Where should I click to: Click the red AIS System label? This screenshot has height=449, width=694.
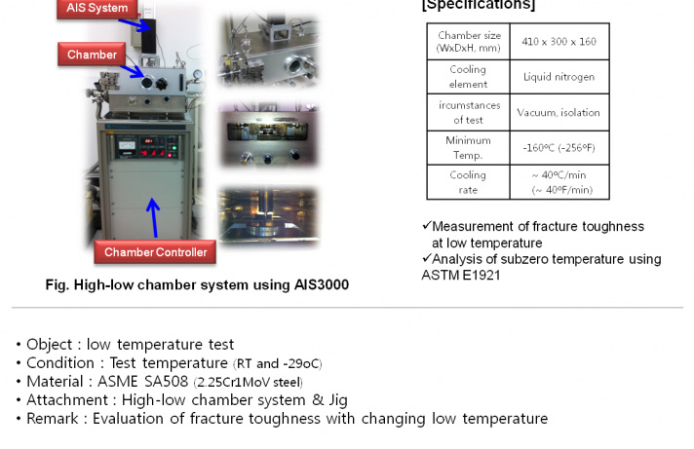point(96,9)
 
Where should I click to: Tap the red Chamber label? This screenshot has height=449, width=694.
point(92,55)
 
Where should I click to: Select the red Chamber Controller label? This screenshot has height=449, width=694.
point(155,252)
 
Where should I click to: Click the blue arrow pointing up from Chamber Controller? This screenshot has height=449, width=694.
point(153,217)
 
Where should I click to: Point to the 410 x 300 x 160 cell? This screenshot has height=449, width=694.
point(559,42)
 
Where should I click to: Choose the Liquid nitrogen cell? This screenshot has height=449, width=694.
point(559,77)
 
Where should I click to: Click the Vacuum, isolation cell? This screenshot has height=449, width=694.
point(559,112)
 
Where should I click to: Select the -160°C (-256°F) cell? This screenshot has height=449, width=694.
point(559,148)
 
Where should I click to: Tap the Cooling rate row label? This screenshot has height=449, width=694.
point(468,182)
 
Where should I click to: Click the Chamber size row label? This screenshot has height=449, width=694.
point(468,42)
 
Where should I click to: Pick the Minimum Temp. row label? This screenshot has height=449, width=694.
point(468,148)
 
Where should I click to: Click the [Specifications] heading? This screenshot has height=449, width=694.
point(479,5)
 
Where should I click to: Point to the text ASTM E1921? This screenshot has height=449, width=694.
point(461,276)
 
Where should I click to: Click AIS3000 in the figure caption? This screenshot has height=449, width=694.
point(322,284)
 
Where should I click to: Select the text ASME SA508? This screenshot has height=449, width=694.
point(142,382)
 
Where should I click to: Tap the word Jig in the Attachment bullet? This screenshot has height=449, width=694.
point(338,400)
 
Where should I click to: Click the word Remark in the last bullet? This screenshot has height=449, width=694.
point(53,419)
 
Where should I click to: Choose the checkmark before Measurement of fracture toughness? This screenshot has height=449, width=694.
point(426,226)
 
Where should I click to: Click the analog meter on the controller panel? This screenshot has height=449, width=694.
point(127,145)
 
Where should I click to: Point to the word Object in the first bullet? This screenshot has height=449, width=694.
point(49,345)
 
